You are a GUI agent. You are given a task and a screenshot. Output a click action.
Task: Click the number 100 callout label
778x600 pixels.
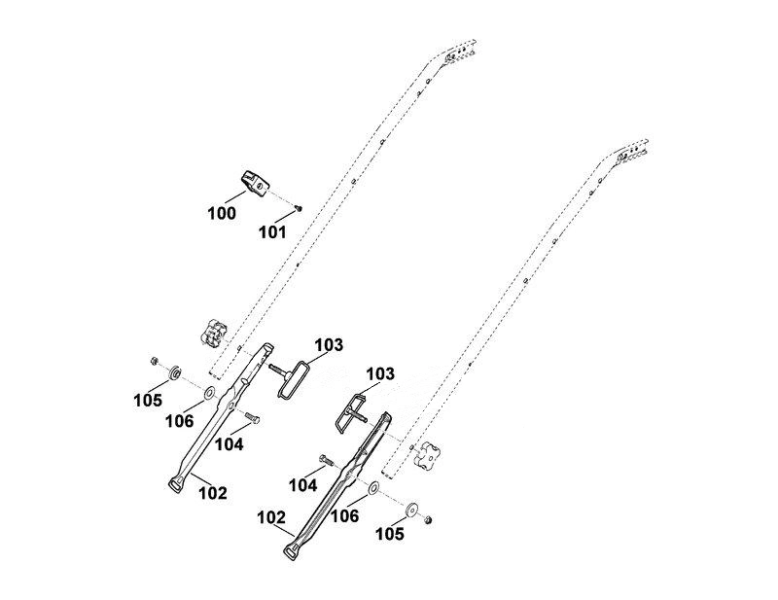[222, 213]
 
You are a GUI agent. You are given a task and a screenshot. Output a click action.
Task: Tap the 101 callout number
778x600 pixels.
[272, 231]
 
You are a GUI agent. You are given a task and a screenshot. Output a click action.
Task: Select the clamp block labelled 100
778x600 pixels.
[255, 183]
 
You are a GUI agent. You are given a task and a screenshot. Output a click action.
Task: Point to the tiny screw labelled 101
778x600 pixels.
[299, 209]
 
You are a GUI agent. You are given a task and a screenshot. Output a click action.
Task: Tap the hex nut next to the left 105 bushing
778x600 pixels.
[155, 361]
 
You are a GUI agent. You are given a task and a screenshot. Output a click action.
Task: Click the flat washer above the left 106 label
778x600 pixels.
[209, 393]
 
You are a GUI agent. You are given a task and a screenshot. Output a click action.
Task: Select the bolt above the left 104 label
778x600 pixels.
[252, 418]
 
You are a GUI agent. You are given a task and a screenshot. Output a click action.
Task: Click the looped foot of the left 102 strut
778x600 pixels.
[177, 483]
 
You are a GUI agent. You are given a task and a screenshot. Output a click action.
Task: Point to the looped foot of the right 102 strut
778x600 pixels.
[292, 551]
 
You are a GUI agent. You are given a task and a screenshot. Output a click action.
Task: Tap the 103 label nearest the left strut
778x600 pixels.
[329, 344]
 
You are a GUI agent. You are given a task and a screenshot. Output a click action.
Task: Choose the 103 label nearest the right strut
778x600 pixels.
[380, 373]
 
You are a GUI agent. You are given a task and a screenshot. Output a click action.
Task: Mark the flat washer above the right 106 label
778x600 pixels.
[373, 487]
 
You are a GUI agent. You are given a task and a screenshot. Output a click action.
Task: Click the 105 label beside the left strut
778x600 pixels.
[148, 400]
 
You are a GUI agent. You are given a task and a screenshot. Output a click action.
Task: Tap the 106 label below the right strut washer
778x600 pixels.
[345, 516]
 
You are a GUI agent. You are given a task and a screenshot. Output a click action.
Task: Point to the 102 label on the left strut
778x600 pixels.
[213, 493]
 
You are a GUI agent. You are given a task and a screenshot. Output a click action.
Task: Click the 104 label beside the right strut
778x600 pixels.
[302, 485]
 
